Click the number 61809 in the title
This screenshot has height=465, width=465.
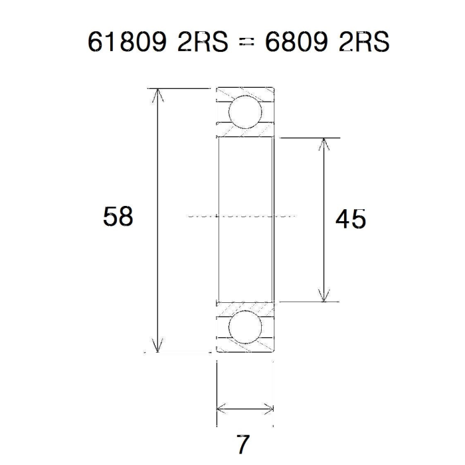127,42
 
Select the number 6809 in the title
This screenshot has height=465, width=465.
296,42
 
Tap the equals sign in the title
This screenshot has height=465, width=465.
246,42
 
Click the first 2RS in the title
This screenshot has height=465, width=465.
203,42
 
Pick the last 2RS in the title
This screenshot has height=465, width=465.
364,42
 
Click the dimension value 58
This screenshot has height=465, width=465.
118,217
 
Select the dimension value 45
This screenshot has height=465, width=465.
351,219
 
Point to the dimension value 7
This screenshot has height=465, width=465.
244,444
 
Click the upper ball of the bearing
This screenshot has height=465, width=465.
246,112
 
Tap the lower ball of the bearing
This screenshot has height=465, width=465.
246,327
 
